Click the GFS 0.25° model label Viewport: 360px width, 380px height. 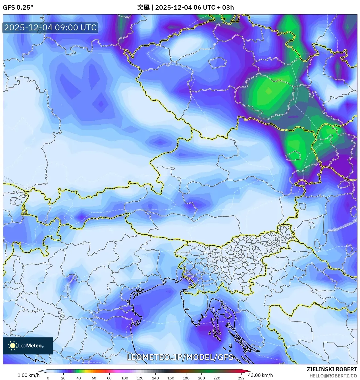[x=18, y=7]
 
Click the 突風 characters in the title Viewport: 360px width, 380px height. [x=143, y=7]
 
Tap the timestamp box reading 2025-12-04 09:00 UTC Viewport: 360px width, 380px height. [x=50, y=28]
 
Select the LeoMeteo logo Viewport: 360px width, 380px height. [x=28, y=346]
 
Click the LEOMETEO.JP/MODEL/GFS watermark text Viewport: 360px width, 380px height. [x=180, y=357]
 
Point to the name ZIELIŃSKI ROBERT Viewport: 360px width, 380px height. [x=332, y=369]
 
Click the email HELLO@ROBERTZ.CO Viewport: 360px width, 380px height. [x=333, y=376]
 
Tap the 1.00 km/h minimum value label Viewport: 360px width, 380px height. [x=28, y=375]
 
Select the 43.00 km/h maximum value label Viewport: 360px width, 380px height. [x=260, y=375]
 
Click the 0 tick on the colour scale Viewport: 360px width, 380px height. [x=48, y=378]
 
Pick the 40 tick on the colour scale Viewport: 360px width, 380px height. [x=79, y=378]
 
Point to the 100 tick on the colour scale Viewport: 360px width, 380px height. [x=125, y=378]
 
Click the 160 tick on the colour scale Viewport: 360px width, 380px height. [x=171, y=378]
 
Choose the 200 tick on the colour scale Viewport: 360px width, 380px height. [x=201, y=378]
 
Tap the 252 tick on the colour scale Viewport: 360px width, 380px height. [x=241, y=378]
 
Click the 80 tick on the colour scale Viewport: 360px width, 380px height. [x=109, y=378]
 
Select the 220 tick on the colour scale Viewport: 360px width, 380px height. [x=217, y=378]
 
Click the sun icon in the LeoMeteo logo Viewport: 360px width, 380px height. [x=13, y=346]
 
